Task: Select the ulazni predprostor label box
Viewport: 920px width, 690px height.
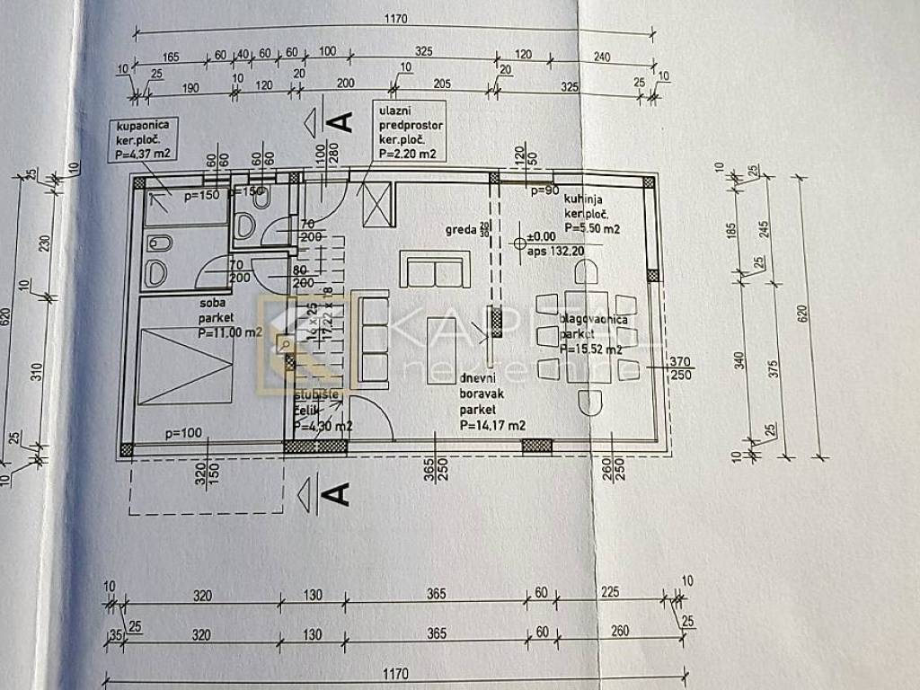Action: [x=408, y=130]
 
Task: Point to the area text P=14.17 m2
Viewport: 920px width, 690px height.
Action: [x=491, y=426]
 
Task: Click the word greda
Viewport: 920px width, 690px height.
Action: [x=460, y=229]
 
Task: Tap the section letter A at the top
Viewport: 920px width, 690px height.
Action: [x=341, y=120]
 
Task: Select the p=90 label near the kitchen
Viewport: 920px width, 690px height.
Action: [x=544, y=191]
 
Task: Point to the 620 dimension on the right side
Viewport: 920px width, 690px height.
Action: [x=802, y=314]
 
